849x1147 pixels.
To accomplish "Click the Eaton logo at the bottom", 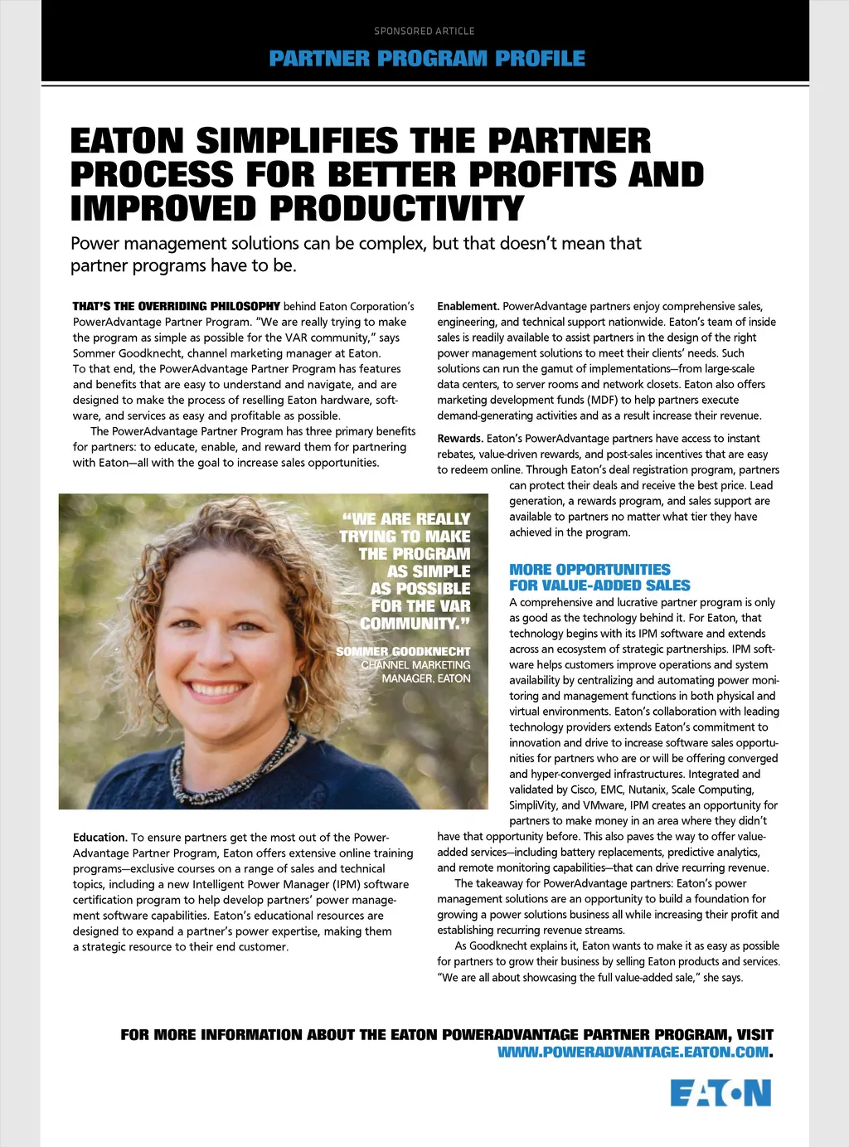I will click(720, 1093).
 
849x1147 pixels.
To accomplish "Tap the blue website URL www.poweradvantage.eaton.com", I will click(633, 1052).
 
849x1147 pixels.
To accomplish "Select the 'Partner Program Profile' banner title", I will click(427, 58).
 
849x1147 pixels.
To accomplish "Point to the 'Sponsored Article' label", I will click(424, 31).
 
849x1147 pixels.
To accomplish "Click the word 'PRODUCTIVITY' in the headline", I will click(397, 207).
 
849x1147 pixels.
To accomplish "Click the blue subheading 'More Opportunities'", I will click(589, 570).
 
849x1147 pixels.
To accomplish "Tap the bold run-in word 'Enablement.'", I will click(468, 306).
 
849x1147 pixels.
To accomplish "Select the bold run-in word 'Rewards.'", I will click(460, 439).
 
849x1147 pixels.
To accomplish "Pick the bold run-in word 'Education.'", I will click(100, 838).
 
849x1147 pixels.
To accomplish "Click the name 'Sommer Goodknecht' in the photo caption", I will click(403, 652).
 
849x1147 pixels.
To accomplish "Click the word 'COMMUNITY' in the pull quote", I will click(410, 624).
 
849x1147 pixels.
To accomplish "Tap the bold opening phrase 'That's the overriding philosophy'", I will click(176, 306).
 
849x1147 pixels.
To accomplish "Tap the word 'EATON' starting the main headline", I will click(126, 140).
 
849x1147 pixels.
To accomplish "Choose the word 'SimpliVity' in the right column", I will click(533, 805).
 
